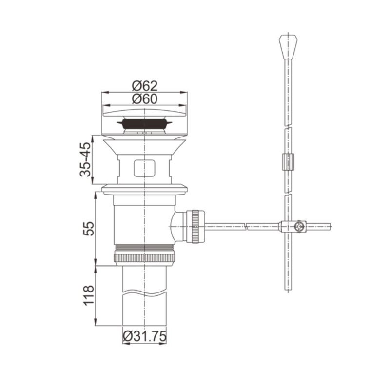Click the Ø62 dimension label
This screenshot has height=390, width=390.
(144, 86)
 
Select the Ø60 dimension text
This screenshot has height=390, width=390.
(144, 99)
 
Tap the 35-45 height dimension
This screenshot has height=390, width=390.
(85, 159)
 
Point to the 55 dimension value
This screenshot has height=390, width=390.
(89, 229)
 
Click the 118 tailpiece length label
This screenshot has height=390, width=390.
(89, 295)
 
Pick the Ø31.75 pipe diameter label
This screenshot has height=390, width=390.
(144, 336)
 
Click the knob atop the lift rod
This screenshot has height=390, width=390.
(288, 46)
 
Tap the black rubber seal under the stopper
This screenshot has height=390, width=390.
(144, 123)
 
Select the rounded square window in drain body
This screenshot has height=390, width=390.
(144, 168)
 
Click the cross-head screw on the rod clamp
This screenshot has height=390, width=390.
(299, 227)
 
